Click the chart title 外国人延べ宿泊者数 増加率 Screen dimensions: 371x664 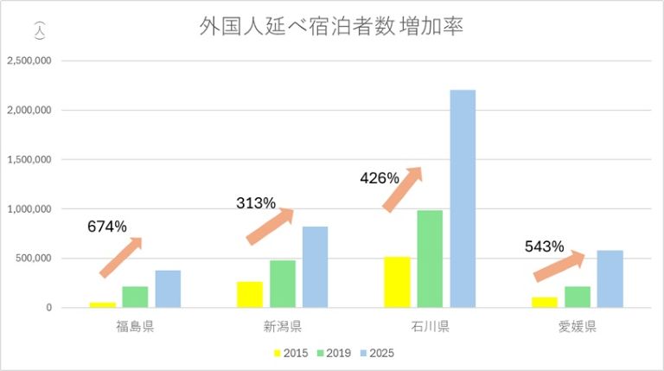click(x=332, y=27)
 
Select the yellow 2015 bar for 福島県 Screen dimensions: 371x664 click(x=102, y=304)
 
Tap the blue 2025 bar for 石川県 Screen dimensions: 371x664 click(x=463, y=198)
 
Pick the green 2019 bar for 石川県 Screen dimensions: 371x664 click(x=430, y=259)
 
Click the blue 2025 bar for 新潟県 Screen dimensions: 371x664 click(x=316, y=266)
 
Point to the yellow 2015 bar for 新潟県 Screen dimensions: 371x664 click(x=250, y=294)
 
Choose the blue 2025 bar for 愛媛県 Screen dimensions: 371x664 click(x=610, y=278)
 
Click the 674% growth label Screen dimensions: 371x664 click(x=107, y=227)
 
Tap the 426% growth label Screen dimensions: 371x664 click(x=380, y=178)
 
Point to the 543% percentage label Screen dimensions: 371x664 click(x=545, y=246)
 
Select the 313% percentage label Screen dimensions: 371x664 click(x=256, y=203)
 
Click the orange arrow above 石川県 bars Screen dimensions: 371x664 click(x=402, y=189)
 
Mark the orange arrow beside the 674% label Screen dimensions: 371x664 click(x=121, y=257)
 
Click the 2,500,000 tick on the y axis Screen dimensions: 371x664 click(x=29, y=61)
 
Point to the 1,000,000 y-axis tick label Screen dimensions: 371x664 click(x=29, y=208)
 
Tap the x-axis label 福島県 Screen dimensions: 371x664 click(x=135, y=327)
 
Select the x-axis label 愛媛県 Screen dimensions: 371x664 click(x=578, y=327)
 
